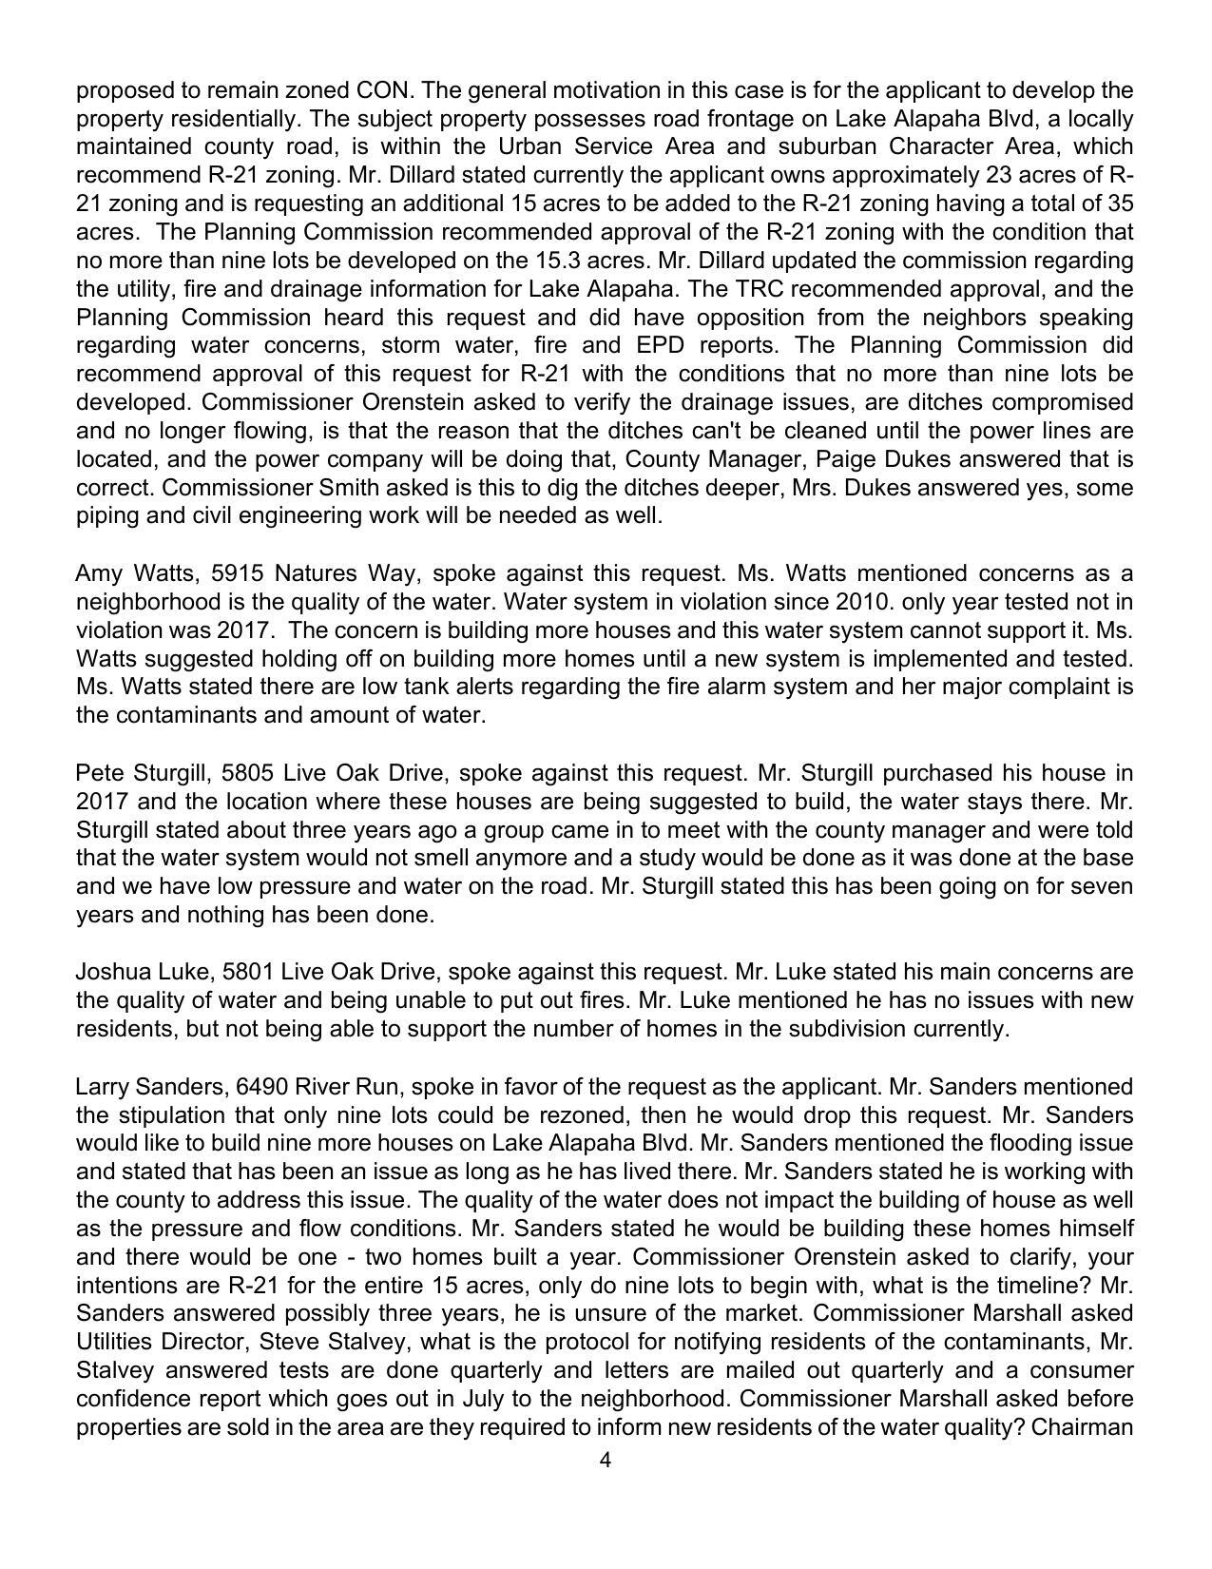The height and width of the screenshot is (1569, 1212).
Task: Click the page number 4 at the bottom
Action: point(606,1461)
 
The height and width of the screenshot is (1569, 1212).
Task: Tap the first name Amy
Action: point(99,573)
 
